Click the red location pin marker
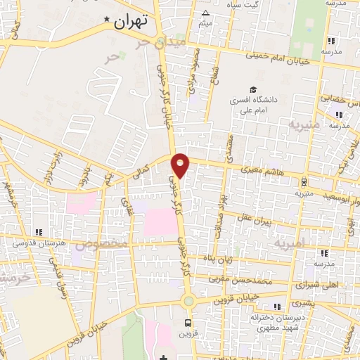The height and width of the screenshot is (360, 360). point(181,165)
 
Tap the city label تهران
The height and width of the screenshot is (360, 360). point(132,22)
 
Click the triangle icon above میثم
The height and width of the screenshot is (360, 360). point(205,13)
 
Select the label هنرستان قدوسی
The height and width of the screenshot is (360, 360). point(39,243)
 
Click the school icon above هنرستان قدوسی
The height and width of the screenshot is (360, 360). point(39,231)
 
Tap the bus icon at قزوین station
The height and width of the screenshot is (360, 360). point(187,322)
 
